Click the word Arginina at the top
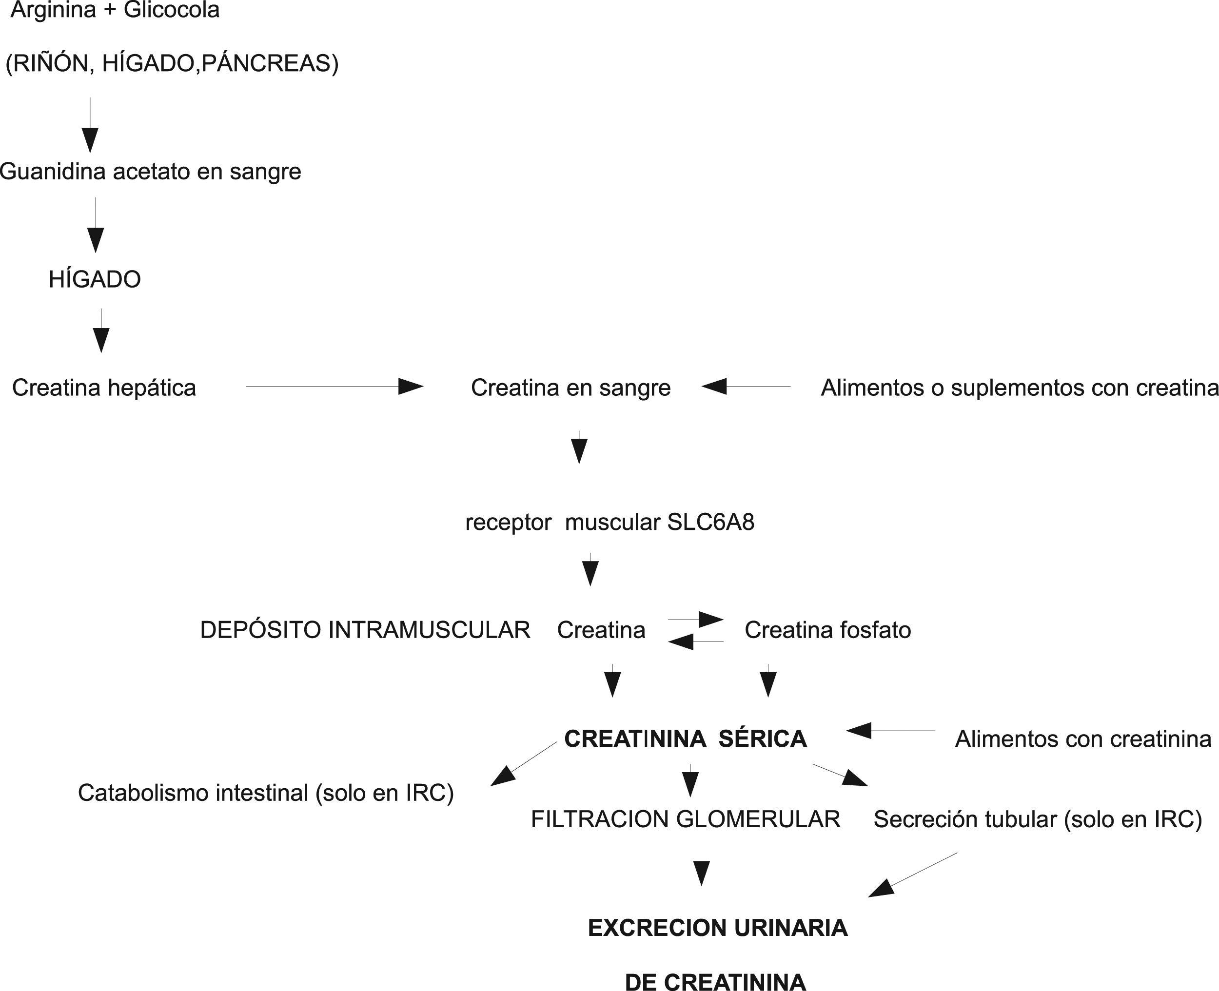[x=53, y=10]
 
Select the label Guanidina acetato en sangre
[x=150, y=171]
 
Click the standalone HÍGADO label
[x=95, y=279]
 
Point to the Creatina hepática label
[x=104, y=388]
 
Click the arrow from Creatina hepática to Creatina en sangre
[x=334, y=387]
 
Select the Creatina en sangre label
[x=570, y=388]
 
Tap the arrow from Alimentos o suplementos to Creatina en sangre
[x=746, y=387]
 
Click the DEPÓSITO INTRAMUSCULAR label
[x=365, y=630]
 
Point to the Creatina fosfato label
[x=827, y=630]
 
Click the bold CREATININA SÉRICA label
[x=685, y=738]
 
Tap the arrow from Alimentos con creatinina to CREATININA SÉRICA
[x=890, y=730]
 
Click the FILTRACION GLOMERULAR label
[x=685, y=819]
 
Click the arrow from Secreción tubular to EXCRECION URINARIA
[x=912, y=874]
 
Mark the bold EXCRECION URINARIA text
[x=718, y=928]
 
